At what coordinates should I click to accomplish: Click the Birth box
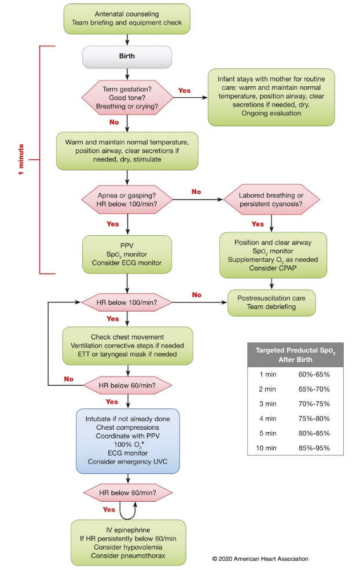[x=127, y=57]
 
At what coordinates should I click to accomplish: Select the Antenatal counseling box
[x=127, y=19]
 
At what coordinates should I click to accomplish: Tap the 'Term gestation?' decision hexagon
[x=127, y=98]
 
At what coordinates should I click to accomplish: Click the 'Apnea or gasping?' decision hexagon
[x=127, y=200]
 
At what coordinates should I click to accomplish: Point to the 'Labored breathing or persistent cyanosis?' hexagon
[x=271, y=200]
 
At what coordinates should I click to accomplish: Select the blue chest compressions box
[x=128, y=441]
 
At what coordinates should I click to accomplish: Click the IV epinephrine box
[x=128, y=542]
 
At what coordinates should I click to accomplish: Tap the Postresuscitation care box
[x=271, y=302]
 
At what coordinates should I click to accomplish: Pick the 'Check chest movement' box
[x=127, y=346]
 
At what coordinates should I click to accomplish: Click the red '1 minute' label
[x=21, y=159]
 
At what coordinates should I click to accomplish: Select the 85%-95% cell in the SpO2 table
[x=314, y=448]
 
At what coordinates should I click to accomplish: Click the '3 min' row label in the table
[x=268, y=404]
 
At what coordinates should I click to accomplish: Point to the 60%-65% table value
[x=314, y=374]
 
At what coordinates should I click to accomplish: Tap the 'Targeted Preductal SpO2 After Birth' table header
[x=295, y=355]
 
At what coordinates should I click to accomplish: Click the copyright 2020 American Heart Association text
[x=260, y=559]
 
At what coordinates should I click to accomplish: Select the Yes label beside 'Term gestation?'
[x=184, y=90]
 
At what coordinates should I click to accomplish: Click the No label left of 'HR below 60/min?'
[x=69, y=379]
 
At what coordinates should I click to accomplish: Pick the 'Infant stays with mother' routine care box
[x=271, y=97]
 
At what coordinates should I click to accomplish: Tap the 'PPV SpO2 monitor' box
[x=127, y=254]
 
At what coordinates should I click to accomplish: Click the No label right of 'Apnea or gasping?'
[x=196, y=192]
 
